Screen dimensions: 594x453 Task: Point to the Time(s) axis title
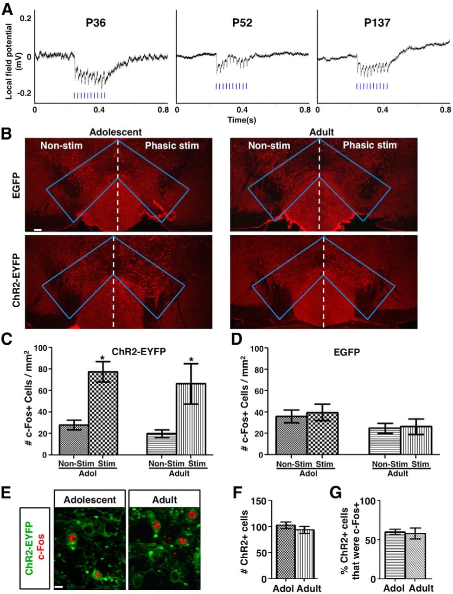tap(241, 120)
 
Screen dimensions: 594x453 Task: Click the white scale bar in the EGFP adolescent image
tap(38, 229)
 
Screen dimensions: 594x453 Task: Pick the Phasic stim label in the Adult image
tap(370, 145)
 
